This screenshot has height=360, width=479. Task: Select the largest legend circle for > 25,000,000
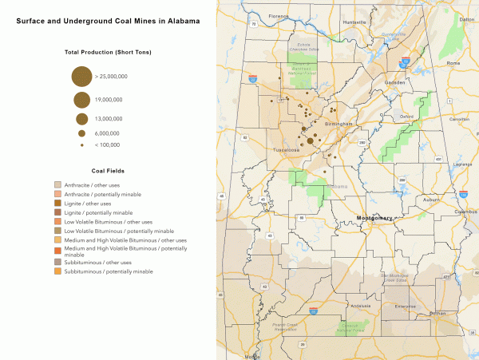tap(81, 77)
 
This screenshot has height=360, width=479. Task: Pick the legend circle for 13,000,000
tap(81, 119)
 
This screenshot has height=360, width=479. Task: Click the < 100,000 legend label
tap(107, 144)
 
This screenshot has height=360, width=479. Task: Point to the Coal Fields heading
tap(108, 170)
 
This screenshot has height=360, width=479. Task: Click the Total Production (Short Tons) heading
tap(108, 52)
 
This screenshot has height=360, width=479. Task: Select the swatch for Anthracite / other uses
tap(57, 185)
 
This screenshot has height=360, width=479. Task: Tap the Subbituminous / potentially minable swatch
tap(57, 272)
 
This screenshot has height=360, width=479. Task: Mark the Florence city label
tap(279, 16)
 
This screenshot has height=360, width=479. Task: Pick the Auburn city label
tap(410, 200)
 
